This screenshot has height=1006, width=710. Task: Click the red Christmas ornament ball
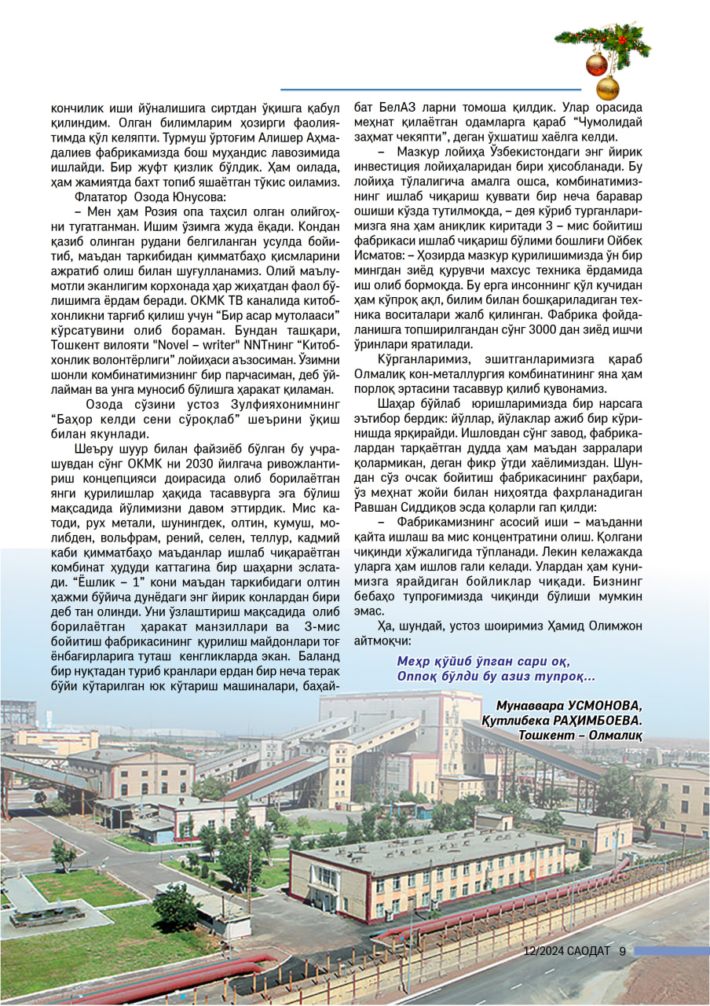[597, 63]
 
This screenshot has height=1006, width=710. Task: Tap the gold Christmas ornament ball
[608, 87]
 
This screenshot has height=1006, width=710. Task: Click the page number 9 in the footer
[622, 950]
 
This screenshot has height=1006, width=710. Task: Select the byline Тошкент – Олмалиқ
[580, 734]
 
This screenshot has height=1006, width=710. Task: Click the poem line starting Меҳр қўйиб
[483, 660]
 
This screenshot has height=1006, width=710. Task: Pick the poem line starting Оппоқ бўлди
[496, 676]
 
